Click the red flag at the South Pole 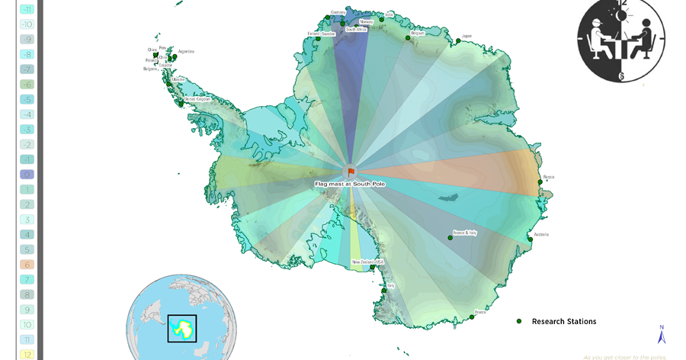(351, 172)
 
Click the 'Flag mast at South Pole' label (351, 184)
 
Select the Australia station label (541, 234)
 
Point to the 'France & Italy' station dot (450, 238)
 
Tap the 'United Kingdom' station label (197, 98)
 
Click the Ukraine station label (178, 79)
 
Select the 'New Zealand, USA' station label (368, 262)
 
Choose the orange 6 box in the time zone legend (27, 265)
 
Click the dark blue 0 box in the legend (27, 175)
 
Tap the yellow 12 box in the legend (27, 354)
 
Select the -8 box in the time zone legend (27, 54)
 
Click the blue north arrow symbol (662, 334)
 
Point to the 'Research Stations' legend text (564, 322)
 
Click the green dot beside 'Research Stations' (519, 321)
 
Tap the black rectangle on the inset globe (182, 328)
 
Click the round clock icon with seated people (621, 39)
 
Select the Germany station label (338, 12)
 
